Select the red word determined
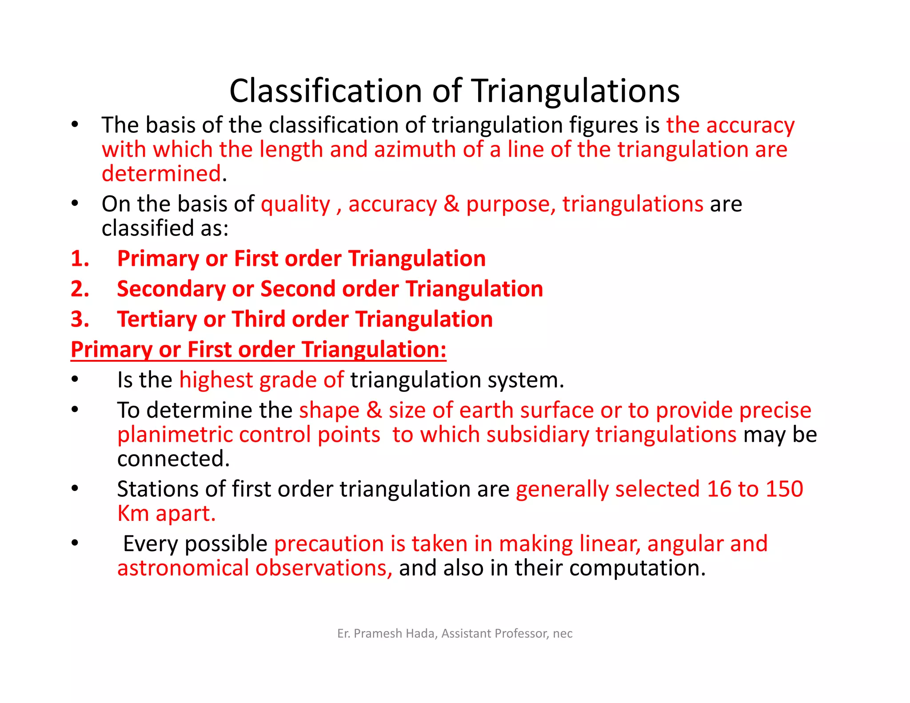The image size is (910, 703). point(161,173)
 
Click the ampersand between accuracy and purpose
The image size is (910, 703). point(451,204)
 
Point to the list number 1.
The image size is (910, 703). point(80,259)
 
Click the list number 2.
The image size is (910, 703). point(80,289)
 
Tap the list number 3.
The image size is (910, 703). point(80,319)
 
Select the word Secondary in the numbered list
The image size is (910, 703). point(171,289)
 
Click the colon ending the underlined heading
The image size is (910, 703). point(443,350)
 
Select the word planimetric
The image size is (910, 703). point(175,435)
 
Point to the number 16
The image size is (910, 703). point(719,489)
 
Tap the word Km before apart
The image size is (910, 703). point(133,513)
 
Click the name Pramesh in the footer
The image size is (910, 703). point(378,633)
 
